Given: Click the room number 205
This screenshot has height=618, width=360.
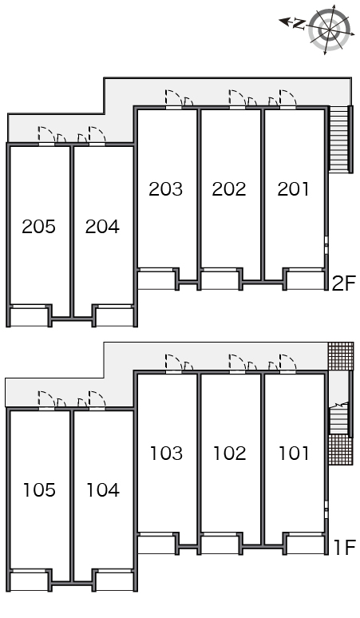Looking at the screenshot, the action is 38,227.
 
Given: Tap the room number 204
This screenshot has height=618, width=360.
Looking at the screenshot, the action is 102,227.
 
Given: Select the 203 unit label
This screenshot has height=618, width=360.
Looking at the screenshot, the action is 166,189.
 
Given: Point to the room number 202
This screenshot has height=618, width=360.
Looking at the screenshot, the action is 229,189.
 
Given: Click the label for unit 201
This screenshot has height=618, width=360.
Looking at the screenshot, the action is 294,189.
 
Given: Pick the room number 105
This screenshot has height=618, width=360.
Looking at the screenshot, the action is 39,490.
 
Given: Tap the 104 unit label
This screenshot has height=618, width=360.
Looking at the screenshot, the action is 103,490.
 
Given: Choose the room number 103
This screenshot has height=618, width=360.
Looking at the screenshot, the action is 166,454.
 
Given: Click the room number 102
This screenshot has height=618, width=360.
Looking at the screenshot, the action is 230,454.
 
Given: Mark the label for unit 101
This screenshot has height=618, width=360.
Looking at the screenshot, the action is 294,454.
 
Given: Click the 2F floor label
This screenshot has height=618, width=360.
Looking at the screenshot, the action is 344,283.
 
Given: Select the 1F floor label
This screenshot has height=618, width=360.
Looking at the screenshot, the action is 345,548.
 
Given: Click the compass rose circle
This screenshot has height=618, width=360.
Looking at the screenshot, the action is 329,30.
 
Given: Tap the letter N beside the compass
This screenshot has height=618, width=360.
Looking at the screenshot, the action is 299,25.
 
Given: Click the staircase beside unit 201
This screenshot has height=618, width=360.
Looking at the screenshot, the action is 340,139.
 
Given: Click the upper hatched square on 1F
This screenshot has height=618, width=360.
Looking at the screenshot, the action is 341,356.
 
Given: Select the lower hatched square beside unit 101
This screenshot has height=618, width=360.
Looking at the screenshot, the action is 341,450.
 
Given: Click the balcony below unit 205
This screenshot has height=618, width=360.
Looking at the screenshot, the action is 29,317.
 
